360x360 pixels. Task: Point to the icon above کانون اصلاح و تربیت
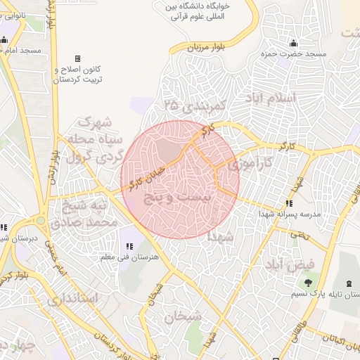pyautogui.click(x=77, y=58)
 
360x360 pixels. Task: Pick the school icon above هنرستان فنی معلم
pyautogui.click(x=129, y=247)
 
